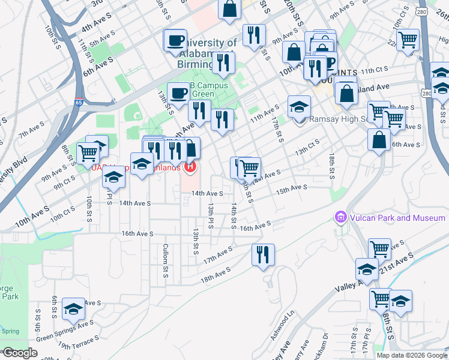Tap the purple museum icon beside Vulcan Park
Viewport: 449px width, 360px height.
pyautogui.click(x=340, y=217)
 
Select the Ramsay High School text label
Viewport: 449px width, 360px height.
pyautogui.click(x=340, y=119)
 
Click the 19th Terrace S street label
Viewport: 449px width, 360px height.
pyautogui.click(x=77, y=346)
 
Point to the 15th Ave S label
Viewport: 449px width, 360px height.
pyautogui.click(x=291, y=189)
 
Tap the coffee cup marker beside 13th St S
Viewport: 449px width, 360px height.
pyautogui.click(x=178, y=92)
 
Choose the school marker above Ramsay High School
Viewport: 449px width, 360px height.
pyautogui.click(x=299, y=106)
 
